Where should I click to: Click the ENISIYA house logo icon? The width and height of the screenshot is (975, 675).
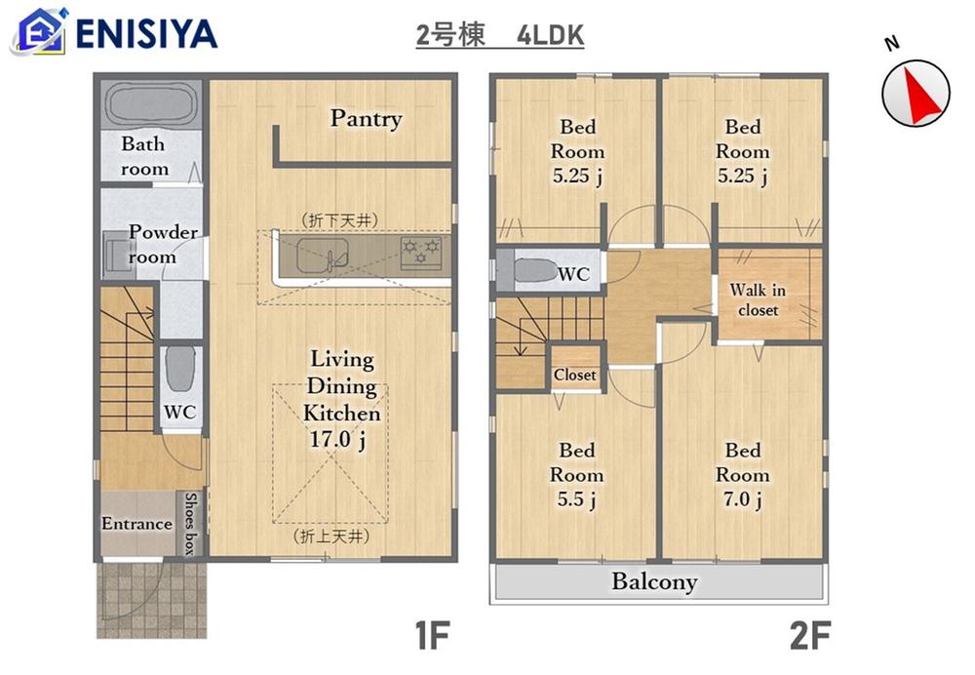click(x=39, y=30)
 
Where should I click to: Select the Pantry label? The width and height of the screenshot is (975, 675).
click(x=366, y=118)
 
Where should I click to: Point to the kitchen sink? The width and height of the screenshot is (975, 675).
click(x=322, y=255)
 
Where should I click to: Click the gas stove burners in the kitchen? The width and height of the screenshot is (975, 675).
click(x=421, y=253)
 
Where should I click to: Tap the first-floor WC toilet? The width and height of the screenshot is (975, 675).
click(x=181, y=369)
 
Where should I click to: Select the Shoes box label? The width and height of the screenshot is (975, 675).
click(x=190, y=524)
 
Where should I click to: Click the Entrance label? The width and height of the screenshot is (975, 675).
click(x=136, y=524)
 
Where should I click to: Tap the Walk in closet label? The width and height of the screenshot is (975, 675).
click(x=758, y=299)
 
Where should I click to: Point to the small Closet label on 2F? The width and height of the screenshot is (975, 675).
click(x=574, y=375)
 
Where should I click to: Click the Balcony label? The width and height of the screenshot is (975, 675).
click(x=654, y=581)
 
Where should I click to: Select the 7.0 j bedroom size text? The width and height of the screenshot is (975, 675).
click(x=742, y=499)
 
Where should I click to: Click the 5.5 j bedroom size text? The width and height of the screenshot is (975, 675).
click(x=576, y=499)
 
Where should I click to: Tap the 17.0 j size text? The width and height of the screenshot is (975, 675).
click(x=337, y=440)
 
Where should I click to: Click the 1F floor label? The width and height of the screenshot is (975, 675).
click(x=432, y=635)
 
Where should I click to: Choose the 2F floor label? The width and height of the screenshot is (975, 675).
click(x=810, y=635)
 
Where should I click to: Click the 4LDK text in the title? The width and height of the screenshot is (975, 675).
click(x=550, y=35)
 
